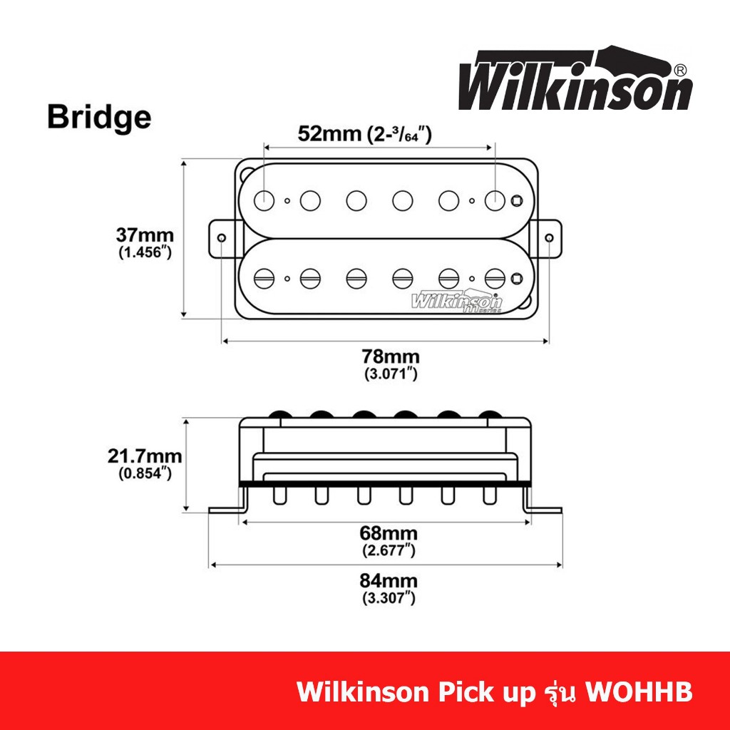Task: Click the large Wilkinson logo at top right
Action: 576,78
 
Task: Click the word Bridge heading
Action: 99,117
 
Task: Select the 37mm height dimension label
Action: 145,235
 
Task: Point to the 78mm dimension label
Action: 391,356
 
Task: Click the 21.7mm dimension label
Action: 145,456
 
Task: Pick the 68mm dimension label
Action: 389,533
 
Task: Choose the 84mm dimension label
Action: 389,581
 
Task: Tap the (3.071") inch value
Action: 391,374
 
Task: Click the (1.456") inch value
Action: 145,252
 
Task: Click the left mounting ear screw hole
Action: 222,238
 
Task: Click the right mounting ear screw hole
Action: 549,238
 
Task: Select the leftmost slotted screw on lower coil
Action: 264,279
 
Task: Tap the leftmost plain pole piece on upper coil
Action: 264,200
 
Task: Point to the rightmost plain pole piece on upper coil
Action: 495,200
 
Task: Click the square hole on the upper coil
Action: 516,200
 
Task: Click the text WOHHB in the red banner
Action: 638,692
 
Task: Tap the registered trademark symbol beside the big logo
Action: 679,70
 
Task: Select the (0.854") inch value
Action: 145,473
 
